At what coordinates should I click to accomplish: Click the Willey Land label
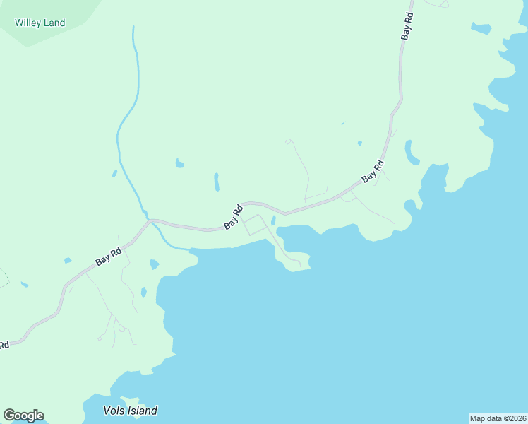pyautogui.click(x=40, y=23)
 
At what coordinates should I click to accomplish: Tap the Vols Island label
pyautogui.click(x=130, y=411)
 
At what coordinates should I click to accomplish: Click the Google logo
pyautogui.click(x=23, y=416)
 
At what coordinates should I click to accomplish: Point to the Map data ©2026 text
pyautogui.click(x=498, y=418)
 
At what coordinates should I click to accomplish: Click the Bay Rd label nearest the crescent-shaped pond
pyautogui.click(x=373, y=172)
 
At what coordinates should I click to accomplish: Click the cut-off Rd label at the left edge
pyautogui.click(x=4, y=345)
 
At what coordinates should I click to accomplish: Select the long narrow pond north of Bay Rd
pyautogui.click(x=216, y=182)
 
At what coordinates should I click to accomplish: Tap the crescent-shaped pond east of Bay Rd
pyautogui.click(x=409, y=151)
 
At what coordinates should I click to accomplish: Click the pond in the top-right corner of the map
pyautogui.click(x=481, y=29)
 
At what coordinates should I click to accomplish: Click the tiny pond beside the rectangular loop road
pyautogui.click(x=273, y=220)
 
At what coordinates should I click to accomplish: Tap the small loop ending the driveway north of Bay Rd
pyautogui.click(x=289, y=141)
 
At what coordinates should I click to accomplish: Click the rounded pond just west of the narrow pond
pyautogui.click(x=179, y=164)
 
